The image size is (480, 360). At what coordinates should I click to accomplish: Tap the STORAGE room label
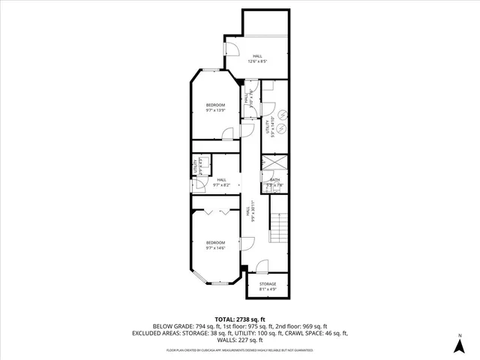tap(268, 286)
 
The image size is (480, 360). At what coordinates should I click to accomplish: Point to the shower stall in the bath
tap(274, 163)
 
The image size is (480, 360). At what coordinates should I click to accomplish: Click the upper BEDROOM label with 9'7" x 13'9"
tap(216, 107)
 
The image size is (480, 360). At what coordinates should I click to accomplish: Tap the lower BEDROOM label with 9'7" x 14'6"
tap(216, 244)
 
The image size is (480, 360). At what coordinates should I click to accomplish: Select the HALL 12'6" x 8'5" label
tap(257, 58)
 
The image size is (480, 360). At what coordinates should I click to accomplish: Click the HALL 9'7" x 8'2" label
tap(221, 181)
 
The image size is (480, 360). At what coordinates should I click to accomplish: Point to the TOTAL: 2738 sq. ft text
tap(239, 319)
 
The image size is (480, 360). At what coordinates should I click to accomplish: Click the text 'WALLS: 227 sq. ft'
tap(240, 341)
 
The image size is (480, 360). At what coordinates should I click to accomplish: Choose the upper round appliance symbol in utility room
tap(283, 114)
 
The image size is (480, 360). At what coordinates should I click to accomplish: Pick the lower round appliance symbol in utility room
tap(283, 129)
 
